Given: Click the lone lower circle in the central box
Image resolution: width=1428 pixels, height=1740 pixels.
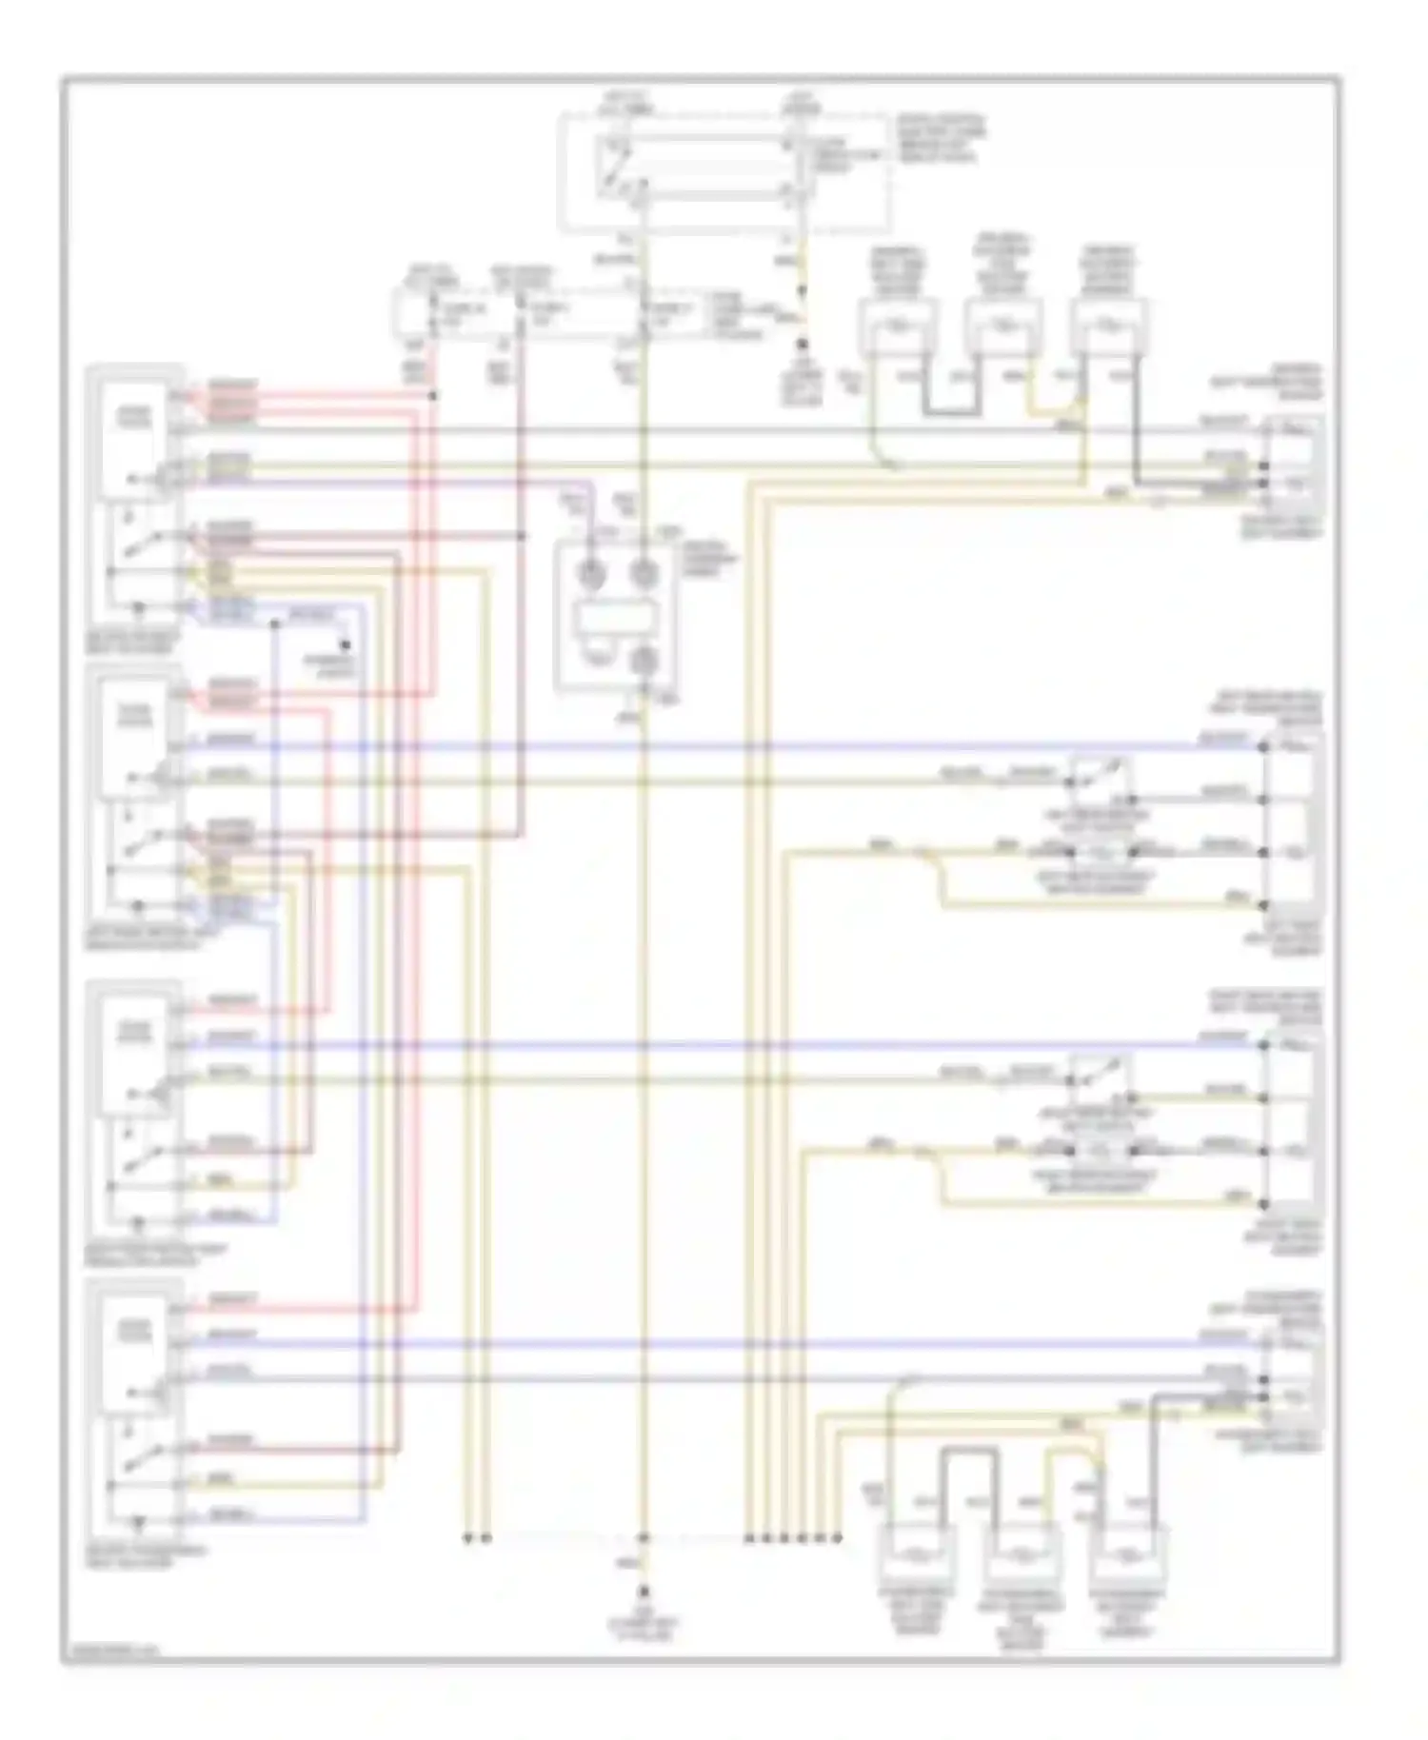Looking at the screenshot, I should pyautogui.click(x=645, y=660).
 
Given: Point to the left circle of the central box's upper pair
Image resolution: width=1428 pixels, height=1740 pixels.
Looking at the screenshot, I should pyautogui.click(x=590, y=572).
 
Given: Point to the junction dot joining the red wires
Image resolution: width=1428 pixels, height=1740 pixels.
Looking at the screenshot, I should pyautogui.click(x=433, y=394).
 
